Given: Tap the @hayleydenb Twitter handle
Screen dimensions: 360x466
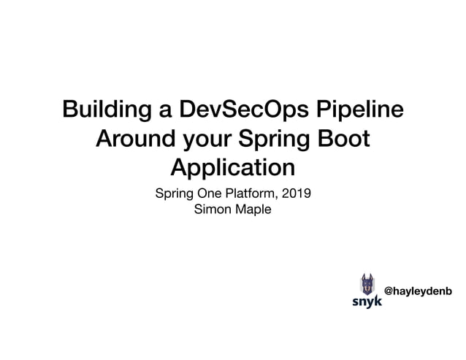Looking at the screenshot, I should [x=418, y=291].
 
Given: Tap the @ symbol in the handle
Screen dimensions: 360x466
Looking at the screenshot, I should [x=389, y=291].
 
